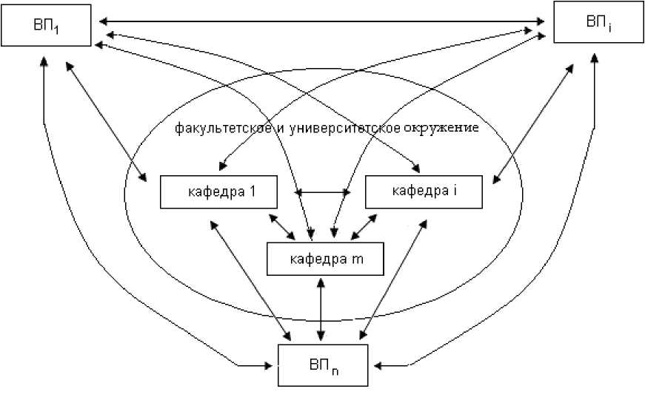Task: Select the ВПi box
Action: point(598,24)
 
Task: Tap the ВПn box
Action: point(324,365)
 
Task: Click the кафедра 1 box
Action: point(218,191)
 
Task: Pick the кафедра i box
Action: point(424,191)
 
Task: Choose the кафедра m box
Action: point(326,259)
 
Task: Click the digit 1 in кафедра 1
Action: point(253,191)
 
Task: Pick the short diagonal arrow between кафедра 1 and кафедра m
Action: point(284,226)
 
